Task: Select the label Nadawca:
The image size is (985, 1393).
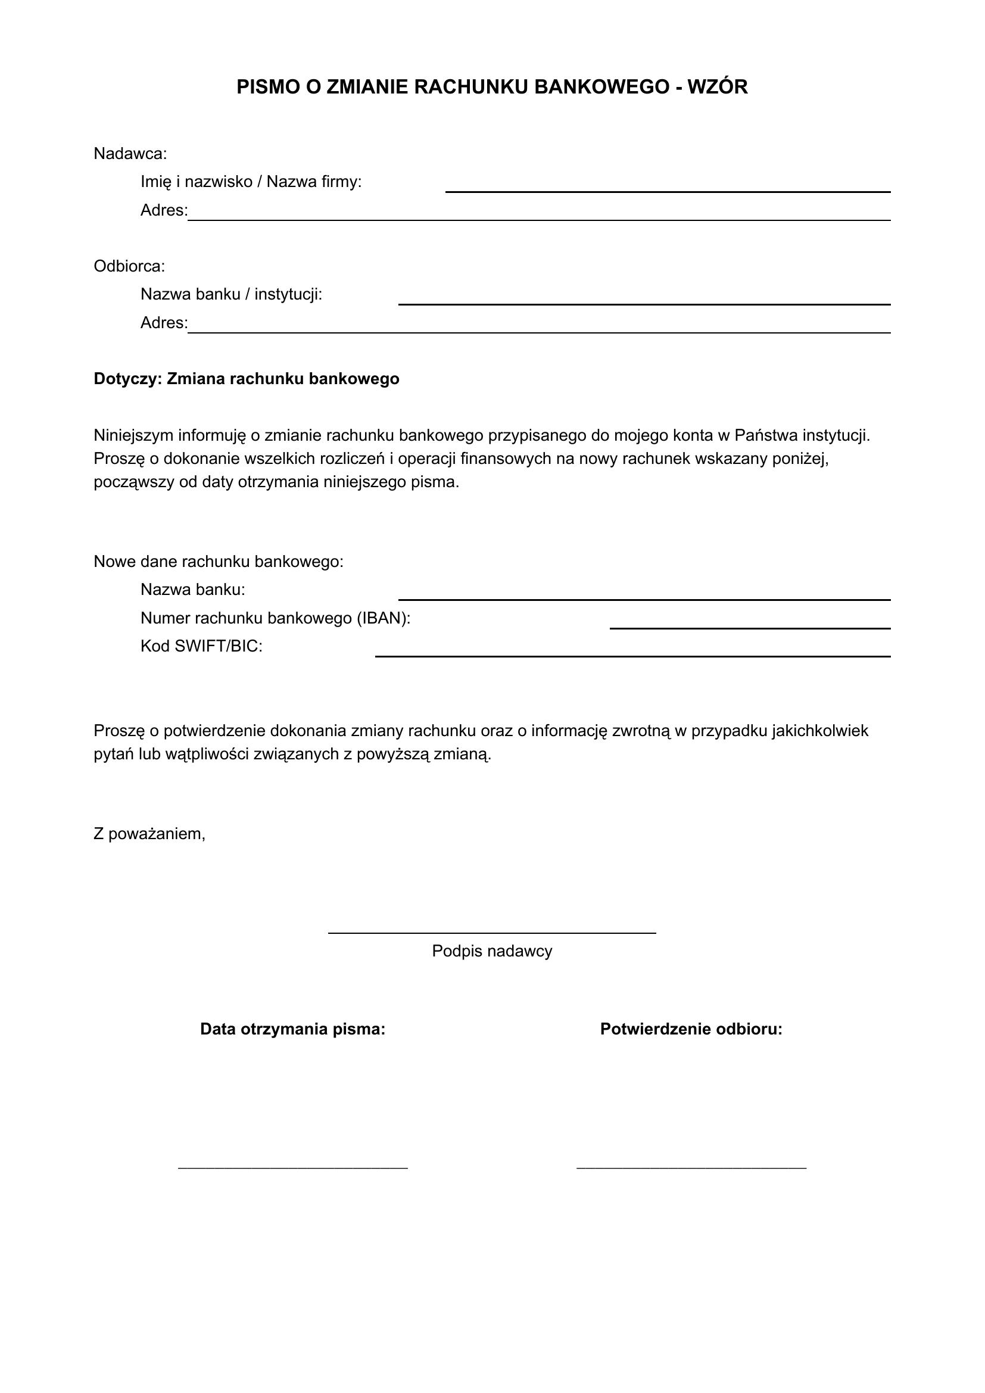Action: (130, 154)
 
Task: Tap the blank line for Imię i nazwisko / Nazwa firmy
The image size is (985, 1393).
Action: (667, 191)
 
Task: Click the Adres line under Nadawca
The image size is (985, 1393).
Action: (538, 219)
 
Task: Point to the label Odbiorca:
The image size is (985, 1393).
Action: (129, 266)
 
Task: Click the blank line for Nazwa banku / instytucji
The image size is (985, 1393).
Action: (644, 303)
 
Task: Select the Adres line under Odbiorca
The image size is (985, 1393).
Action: (538, 332)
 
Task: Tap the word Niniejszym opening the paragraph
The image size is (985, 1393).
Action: (133, 435)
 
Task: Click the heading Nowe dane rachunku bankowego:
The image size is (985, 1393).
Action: (219, 562)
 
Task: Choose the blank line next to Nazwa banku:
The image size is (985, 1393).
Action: (644, 599)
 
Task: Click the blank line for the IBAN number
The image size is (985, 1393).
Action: (750, 627)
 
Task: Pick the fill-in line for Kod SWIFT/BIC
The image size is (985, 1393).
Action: (632, 656)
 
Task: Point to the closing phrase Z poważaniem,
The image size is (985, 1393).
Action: (149, 834)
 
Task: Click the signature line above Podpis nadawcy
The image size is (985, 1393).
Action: (492, 933)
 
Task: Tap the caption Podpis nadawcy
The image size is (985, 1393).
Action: (492, 951)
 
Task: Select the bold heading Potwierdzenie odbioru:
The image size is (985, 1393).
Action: (691, 1029)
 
